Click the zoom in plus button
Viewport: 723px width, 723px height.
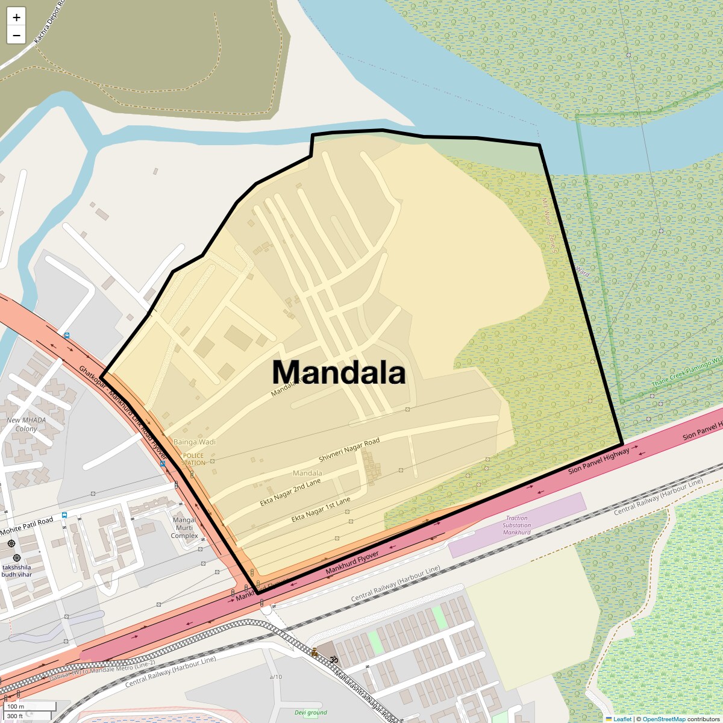click(x=16, y=17)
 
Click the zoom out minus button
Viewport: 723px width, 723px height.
click(x=16, y=35)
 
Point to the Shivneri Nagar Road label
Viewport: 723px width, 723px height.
click(x=349, y=450)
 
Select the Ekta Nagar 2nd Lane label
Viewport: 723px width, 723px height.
click(x=290, y=493)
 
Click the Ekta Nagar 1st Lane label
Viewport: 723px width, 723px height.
click(x=321, y=510)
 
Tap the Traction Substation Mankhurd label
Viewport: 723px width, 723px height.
click(x=516, y=525)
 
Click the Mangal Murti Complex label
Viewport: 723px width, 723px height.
click(x=184, y=528)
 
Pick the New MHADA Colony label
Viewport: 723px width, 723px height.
click(x=26, y=424)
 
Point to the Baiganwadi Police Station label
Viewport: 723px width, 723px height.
click(x=193, y=459)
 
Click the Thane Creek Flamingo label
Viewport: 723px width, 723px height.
click(x=687, y=372)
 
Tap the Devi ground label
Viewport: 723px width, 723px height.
click(x=311, y=713)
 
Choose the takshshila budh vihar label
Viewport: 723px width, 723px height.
click(x=16, y=571)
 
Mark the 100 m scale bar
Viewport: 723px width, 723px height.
click(x=30, y=706)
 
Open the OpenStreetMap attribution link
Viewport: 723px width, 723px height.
click(x=663, y=719)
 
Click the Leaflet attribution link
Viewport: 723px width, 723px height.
click(x=622, y=719)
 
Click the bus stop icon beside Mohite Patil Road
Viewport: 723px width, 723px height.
click(x=64, y=516)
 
